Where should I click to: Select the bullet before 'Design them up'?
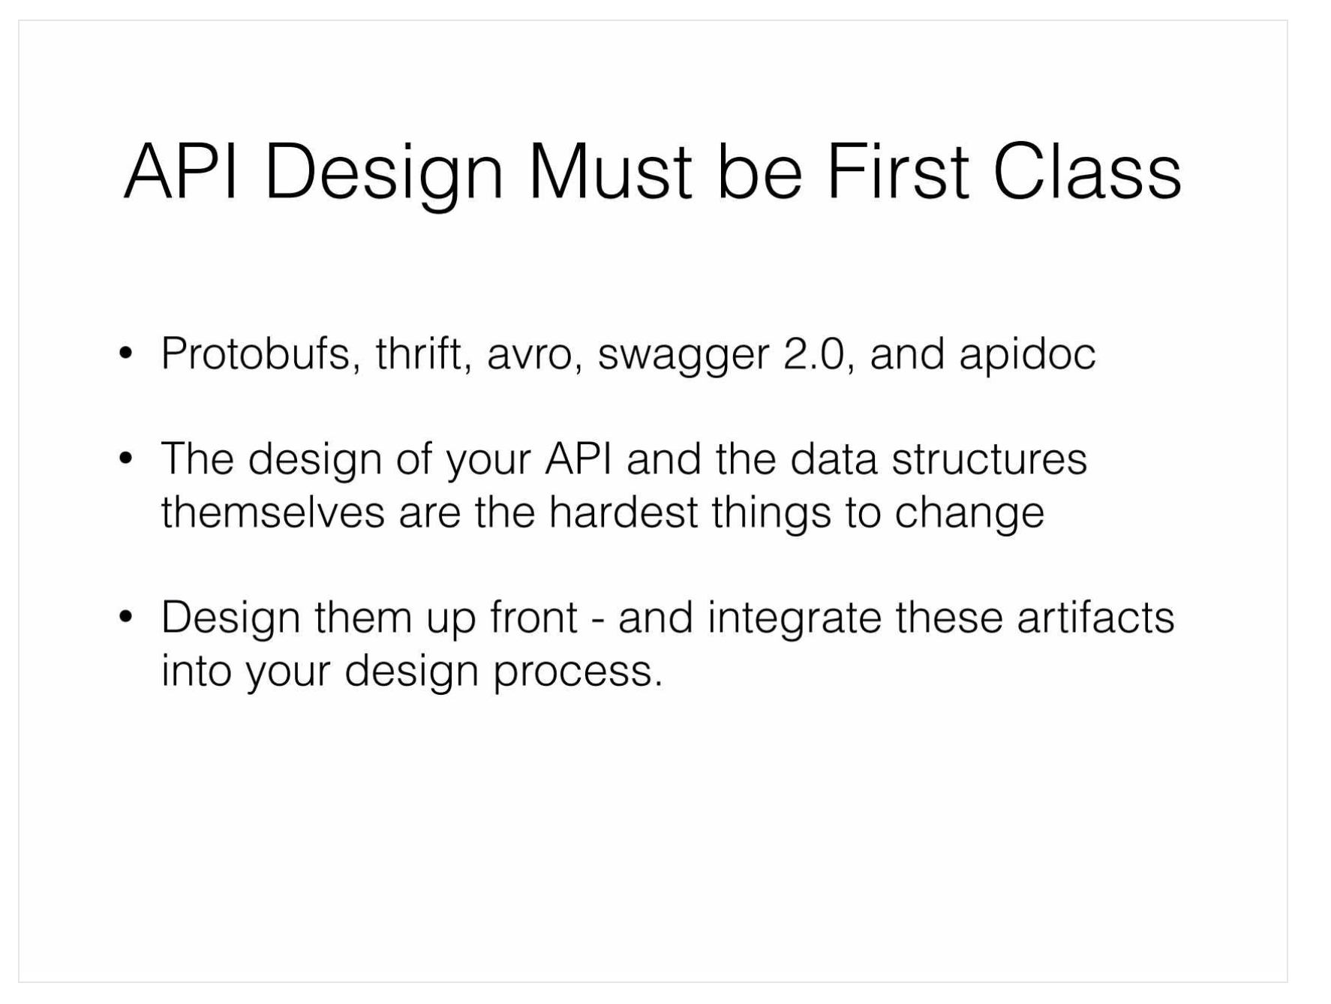[126, 617]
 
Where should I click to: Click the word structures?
[989, 459]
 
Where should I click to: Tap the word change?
[969, 515]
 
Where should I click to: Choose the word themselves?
[273, 513]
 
